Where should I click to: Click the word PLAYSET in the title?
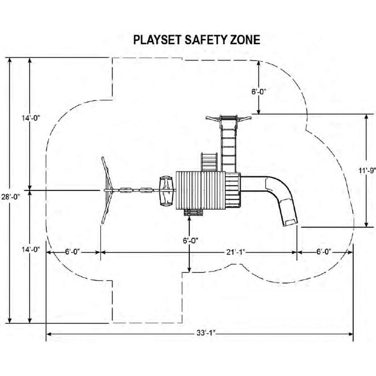[x=157, y=40]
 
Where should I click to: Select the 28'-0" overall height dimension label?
[x=10, y=197]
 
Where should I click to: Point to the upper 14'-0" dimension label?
[x=30, y=118]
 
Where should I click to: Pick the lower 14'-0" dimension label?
[x=30, y=250]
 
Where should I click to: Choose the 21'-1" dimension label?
[x=236, y=252]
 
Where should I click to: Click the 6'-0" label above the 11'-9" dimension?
[x=259, y=92]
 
